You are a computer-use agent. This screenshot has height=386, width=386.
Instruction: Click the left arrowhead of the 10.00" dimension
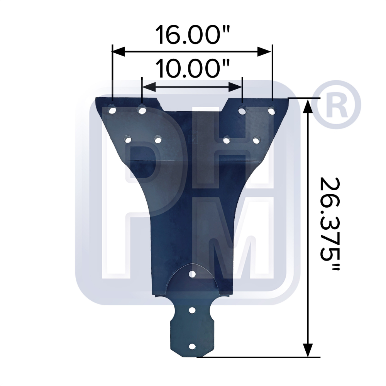pos(149,87)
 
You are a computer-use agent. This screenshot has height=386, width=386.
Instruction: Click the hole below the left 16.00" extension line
pos(113,111)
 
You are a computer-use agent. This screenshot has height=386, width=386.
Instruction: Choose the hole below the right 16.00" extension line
pos(272,111)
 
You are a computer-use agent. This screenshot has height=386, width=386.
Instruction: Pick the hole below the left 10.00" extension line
pos(142,111)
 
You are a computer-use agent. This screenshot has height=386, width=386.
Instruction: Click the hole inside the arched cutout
pos(192,274)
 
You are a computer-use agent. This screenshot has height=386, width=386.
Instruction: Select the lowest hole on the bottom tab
pos(192,347)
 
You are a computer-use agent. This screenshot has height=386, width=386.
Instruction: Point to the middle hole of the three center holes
pos(192,310)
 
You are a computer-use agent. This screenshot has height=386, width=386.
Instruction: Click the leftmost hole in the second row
pos(128,139)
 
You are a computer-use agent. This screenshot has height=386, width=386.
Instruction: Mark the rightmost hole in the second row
pos(256,140)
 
